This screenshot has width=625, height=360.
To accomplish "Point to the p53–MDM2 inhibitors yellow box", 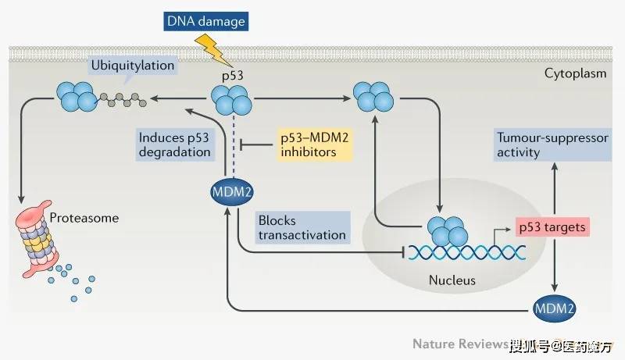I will [x=312, y=144].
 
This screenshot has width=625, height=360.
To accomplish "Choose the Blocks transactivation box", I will [x=301, y=226].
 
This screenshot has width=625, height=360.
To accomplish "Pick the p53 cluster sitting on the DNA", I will [x=448, y=230].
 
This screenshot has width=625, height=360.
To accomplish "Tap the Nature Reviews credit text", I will [x=460, y=344].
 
